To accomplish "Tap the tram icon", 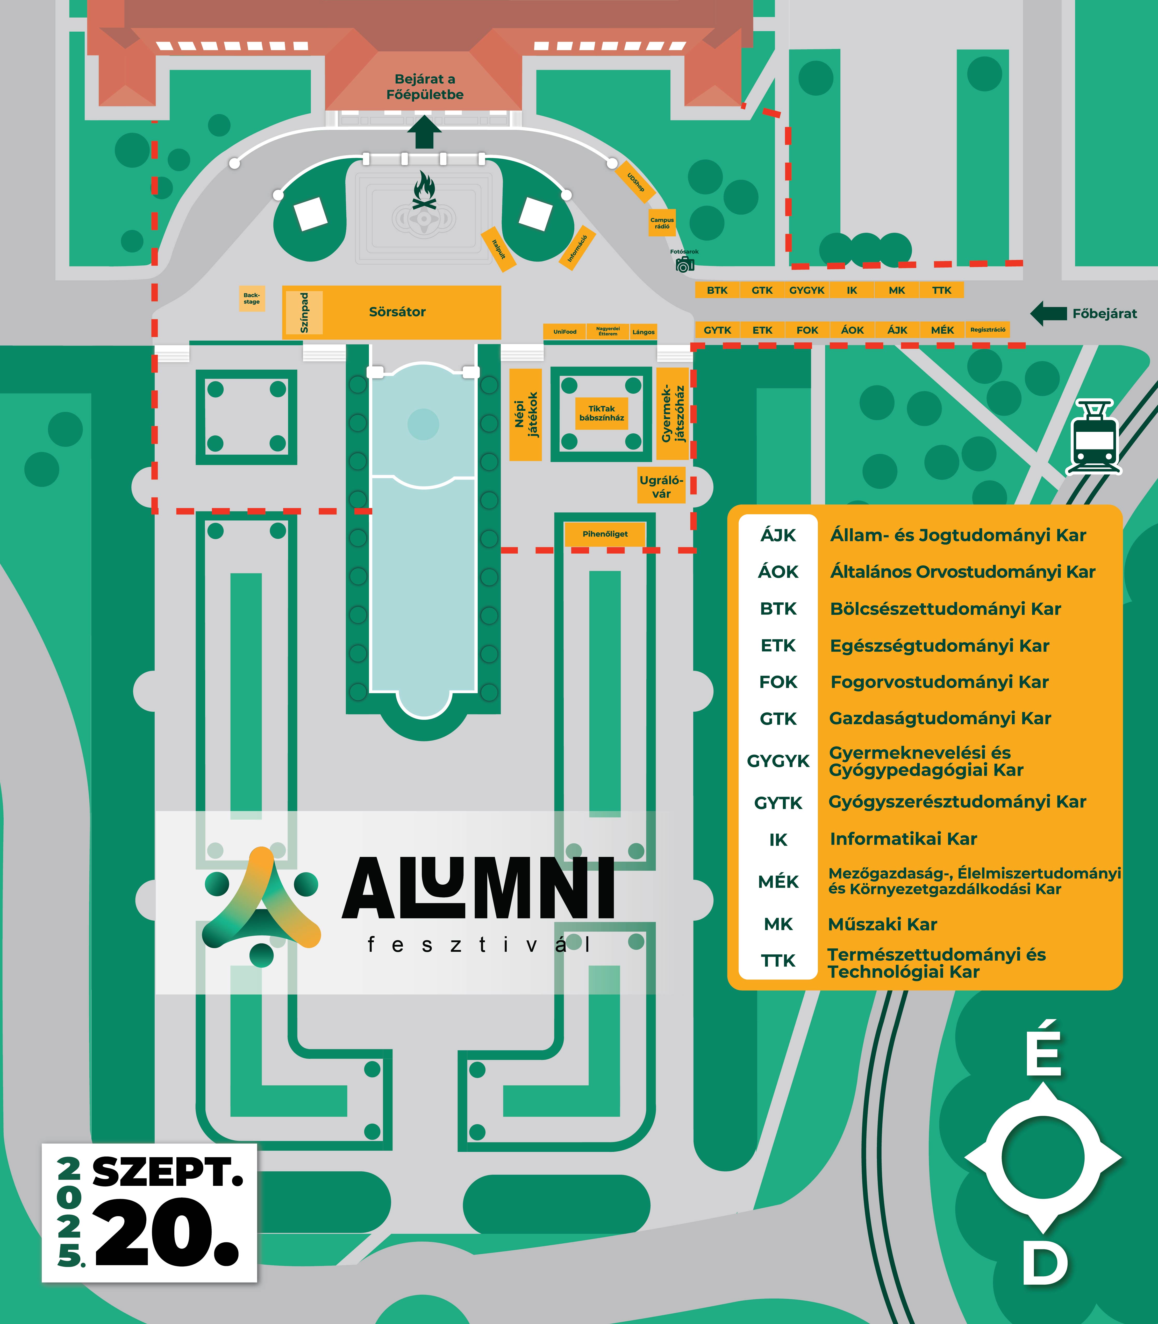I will (x=1093, y=437).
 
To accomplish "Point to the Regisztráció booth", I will (x=987, y=330).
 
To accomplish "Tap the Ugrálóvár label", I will (x=661, y=486).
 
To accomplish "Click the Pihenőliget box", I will (x=605, y=534).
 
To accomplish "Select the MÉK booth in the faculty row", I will (x=942, y=330).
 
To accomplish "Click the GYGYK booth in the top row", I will (x=806, y=290).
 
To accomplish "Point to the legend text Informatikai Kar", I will (x=903, y=839).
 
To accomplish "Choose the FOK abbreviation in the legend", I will (x=778, y=682).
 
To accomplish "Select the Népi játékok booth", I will (x=525, y=414).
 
